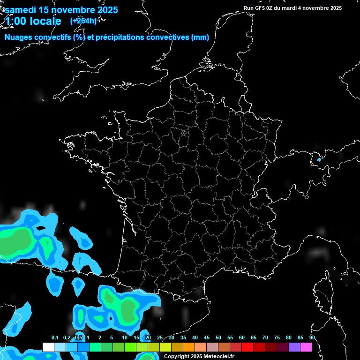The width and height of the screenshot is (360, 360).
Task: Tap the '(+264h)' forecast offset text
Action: click(x=83, y=21)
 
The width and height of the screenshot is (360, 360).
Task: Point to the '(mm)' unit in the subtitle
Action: click(x=200, y=37)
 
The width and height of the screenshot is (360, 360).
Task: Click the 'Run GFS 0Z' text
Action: click(x=261, y=8)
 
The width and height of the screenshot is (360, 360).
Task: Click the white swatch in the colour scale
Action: click(x=48, y=347)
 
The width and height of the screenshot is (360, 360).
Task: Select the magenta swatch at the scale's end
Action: click(x=306, y=347)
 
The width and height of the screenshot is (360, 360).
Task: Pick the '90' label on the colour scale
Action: click(x=312, y=338)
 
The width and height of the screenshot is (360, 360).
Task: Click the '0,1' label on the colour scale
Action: click(x=55, y=338)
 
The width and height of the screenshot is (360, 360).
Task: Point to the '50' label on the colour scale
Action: click(x=218, y=338)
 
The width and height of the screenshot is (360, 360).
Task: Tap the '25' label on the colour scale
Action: click(x=160, y=338)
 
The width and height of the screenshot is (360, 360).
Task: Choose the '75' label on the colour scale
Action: click(x=277, y=338)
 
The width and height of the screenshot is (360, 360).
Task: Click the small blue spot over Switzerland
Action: click(x=319, y=160)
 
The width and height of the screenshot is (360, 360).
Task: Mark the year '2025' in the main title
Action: click(x=106, y=10)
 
